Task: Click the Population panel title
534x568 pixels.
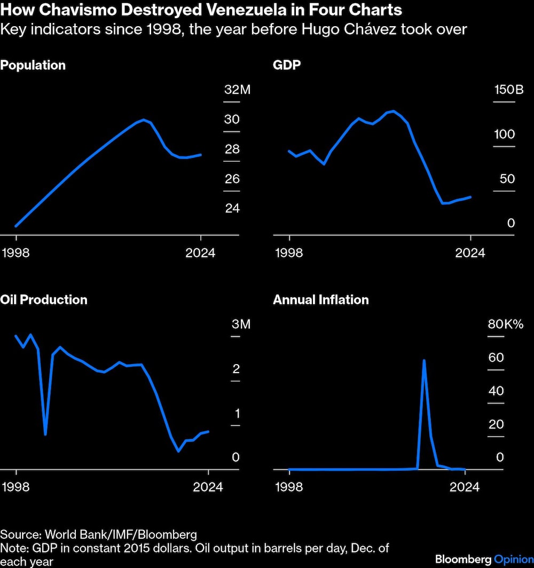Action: click(x=33, y=65)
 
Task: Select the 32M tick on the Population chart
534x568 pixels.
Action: click(x=237, y=90)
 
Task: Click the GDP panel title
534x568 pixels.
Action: click(x=287, y=65)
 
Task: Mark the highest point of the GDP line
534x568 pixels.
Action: click(x=394, y=111)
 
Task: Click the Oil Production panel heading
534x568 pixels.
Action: click(x=44, y=299)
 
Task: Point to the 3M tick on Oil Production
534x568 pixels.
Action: click(x=241, y=325)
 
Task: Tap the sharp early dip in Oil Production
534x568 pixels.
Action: click(x=45, y=434)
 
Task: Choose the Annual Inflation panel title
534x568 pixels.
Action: click(x=321, y=299)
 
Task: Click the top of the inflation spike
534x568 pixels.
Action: click(x=423, y=360)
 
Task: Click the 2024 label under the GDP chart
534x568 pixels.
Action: click(x=470, y=253)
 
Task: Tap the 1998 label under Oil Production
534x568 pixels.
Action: click(x=16, y=487)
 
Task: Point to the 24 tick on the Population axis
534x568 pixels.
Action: click(x=232, y=208)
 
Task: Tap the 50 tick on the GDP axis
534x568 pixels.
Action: click(x=507, y=178)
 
